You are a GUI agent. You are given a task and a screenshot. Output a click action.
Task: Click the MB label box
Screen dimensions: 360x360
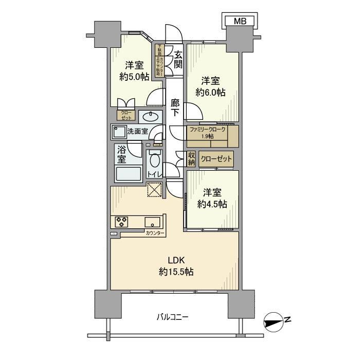pos(240,21)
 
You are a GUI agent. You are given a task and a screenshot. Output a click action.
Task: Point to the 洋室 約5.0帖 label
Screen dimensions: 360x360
pos(134,71)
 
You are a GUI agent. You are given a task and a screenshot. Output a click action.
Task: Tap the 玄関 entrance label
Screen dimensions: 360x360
pos(178,59)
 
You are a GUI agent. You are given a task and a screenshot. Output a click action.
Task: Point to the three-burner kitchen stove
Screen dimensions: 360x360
pos(122,222)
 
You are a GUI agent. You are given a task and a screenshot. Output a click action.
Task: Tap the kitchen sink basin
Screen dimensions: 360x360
pos(153,222)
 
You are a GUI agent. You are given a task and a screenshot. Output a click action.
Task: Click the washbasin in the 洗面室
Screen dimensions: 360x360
pos(151,115)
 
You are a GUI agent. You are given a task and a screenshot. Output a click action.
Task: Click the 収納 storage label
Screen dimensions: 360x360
pos(191,158)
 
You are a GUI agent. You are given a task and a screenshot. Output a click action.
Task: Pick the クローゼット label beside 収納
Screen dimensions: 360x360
pos(216,159)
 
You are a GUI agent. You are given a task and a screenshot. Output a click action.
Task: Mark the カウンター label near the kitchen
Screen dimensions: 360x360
pos(154,233)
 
